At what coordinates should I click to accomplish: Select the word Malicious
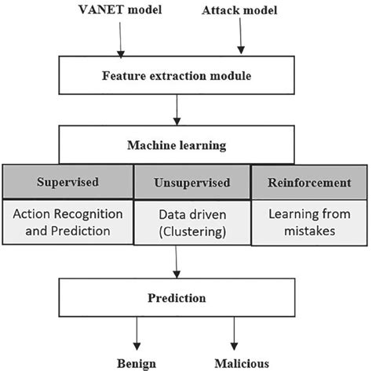click(x=242, y=362)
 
